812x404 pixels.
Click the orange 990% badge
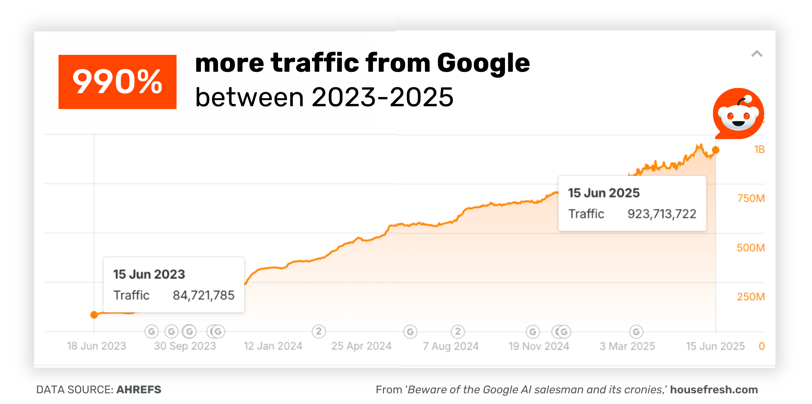point(117,82)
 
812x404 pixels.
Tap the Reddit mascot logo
point(738,114)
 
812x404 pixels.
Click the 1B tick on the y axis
point(759,149)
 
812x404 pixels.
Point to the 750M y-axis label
point(751,198)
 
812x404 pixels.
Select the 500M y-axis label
point(751,248)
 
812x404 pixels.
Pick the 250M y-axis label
point(751,297)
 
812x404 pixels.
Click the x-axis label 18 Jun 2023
point(97,346)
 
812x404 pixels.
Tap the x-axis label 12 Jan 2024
point(273,346)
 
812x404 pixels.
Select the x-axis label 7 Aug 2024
point(451,346)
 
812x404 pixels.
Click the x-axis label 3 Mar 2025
point(627,346)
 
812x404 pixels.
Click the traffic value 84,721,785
point(203,295)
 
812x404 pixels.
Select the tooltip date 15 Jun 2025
point(604,193)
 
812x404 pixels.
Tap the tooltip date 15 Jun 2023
point(149,274)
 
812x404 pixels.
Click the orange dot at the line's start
point(94,315)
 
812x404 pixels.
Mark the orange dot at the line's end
point(716,150)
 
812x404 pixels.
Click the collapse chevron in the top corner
point(757,54)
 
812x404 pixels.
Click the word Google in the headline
point(483,63)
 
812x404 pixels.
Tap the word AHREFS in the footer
point(139,390)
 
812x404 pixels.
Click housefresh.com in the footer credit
point(714,390)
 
